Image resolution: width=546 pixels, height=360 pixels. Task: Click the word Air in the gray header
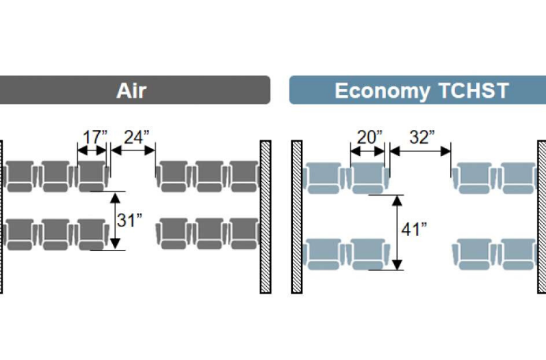point(131,90)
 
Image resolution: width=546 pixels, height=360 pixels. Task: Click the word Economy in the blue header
point(382,91)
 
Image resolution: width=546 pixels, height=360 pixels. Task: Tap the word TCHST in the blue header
point(474,90)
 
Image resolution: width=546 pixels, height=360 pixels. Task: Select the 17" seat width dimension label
point(95,137)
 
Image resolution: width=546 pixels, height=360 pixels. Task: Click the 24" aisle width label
point(137,137)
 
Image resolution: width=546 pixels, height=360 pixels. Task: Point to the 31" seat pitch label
point(129,220)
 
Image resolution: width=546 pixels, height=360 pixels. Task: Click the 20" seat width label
point(369,137)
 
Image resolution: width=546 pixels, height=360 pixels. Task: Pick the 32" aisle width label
point(422,137)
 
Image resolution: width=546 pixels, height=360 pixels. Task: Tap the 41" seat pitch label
point(414,229)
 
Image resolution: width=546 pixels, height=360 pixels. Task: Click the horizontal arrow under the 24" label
point(133,151)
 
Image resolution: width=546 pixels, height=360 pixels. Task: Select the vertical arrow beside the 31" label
point(115,221)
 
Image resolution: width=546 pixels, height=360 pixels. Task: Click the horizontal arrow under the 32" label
point(420,151)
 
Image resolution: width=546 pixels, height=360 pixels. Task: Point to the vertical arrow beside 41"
point(398,233)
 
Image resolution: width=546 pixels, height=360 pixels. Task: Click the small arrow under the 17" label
point(92,151)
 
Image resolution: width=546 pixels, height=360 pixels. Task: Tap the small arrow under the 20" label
point(367,151)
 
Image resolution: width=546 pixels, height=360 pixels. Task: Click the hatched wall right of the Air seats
point(265,217)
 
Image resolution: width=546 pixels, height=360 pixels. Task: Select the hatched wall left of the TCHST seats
point(297,217)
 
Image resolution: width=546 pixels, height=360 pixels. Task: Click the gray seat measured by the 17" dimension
point(92,176)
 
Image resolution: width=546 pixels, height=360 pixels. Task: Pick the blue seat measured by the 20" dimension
point(368,177)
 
